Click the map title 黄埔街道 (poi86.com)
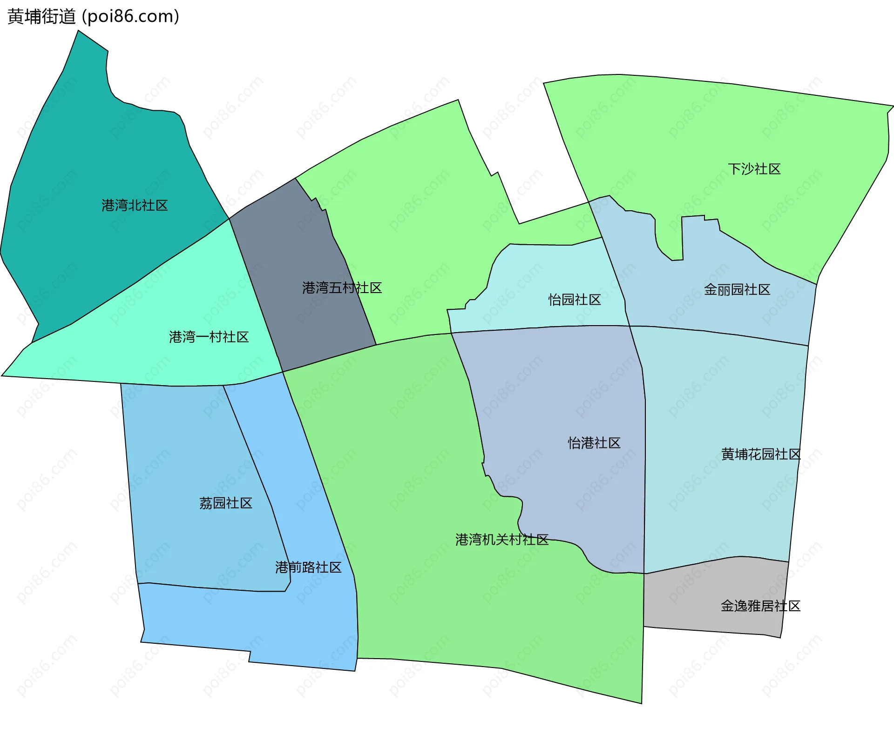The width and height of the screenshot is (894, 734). pyautogui.click(x=93, y=17)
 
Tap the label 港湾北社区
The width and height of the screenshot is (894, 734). pyautogui.click(x=135, y=206)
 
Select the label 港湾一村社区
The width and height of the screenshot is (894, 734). pyautogui.click(x=209, y=337)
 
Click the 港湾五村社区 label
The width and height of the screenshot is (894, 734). pyautogui.click(x=342, y=288)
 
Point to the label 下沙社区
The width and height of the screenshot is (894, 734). pyautogui.click(x=754, y=169)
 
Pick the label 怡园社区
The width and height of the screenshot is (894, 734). pyautogui.click(x=575, y=300)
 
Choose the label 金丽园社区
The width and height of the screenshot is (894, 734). pyautogui.click(x=737, y=290)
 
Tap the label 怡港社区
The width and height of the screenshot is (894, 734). pyautogui.click(x=594, y=443)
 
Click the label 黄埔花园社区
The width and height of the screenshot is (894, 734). pyautogui.click(x=761, y=454)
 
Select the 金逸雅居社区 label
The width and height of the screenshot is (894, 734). pyautogui.click(x=760, y=606)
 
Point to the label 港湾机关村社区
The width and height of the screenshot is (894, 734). pyautogui.click(x=502, y=540)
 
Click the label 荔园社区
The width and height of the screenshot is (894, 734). pyautogui.click(x=226, y=503)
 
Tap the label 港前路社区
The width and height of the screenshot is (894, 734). pyautogui.click(x=308, y=567)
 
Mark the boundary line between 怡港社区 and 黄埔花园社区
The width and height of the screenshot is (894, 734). pyautogui.click(x=645, y=465)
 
